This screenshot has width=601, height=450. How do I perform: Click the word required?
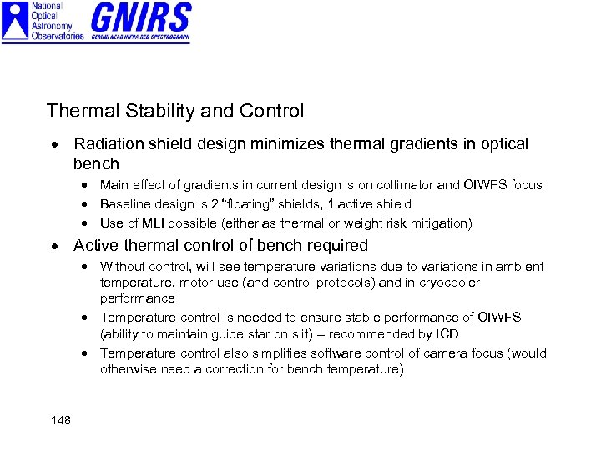tap(336, 245)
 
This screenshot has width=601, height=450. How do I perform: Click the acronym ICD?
tap(447, 334)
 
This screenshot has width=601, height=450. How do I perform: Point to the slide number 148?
tap(60, 420)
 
